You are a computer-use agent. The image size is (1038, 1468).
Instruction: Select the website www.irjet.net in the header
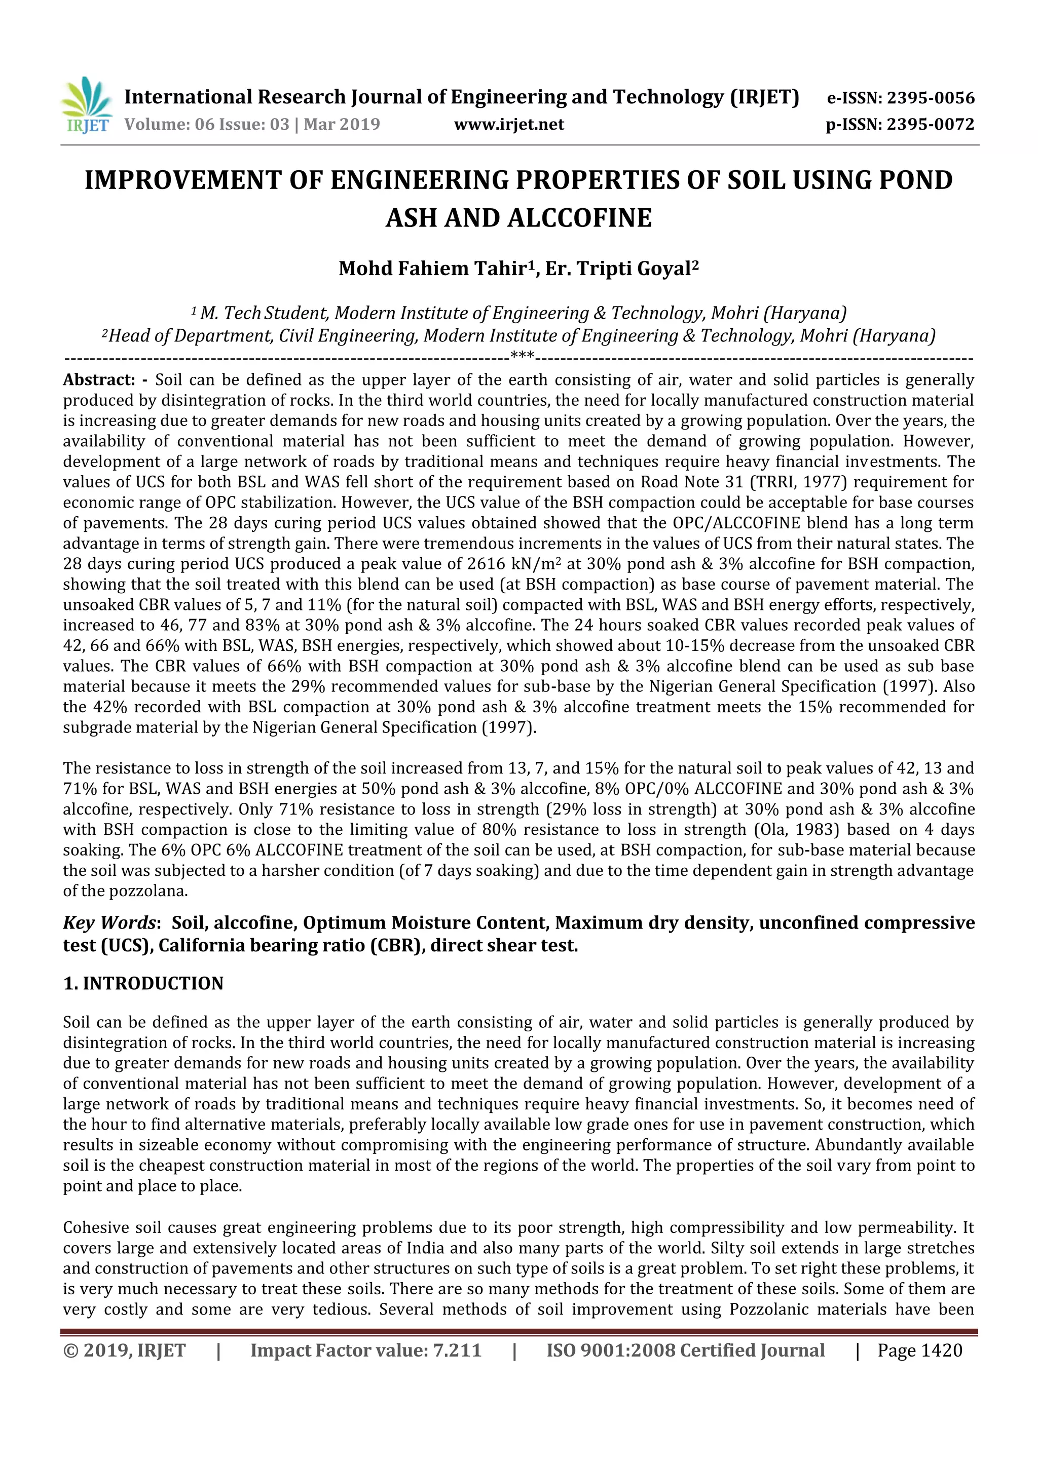(509, 124)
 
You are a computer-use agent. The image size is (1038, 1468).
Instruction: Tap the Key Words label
(109, 922)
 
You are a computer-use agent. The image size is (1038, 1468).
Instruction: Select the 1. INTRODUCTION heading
(143, 983)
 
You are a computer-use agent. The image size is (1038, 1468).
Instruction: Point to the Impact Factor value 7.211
(457, 1350)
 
